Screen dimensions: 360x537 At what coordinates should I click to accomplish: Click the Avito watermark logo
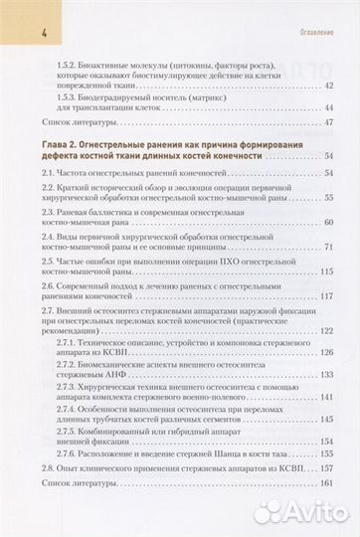(x=299, y=511)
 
